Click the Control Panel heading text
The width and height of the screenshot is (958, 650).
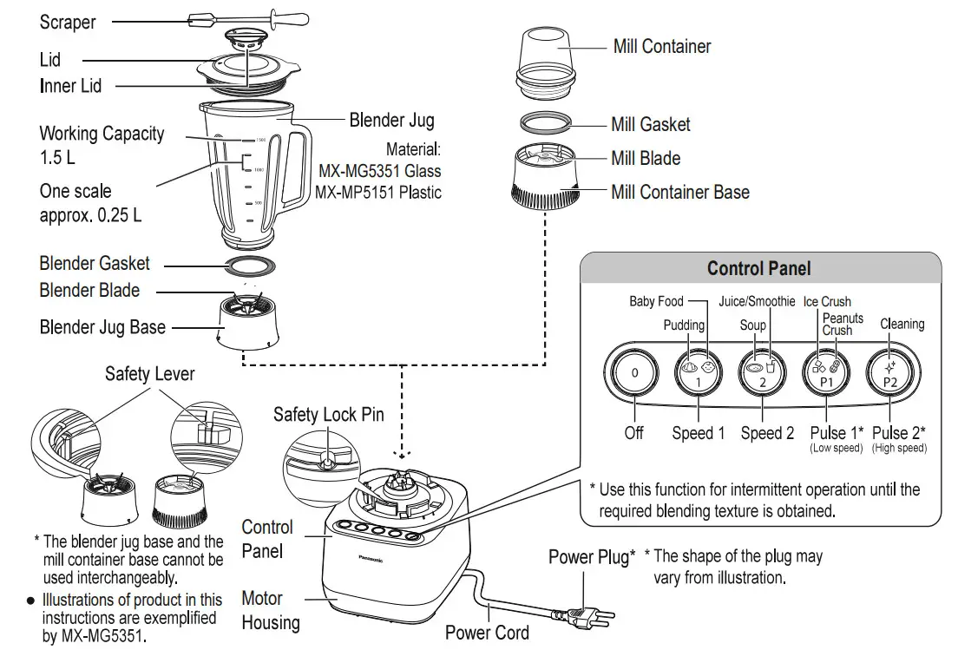tap(758, 268)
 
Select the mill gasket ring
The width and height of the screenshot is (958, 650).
tap(547, 122)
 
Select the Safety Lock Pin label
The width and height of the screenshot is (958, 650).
tap(328, 414)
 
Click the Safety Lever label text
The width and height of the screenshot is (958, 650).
tap(149, 374)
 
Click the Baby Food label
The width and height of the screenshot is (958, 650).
tap(656, 301)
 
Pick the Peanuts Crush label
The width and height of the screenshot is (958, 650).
tap(837, 325)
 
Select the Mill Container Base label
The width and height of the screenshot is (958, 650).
tap(680, 192)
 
